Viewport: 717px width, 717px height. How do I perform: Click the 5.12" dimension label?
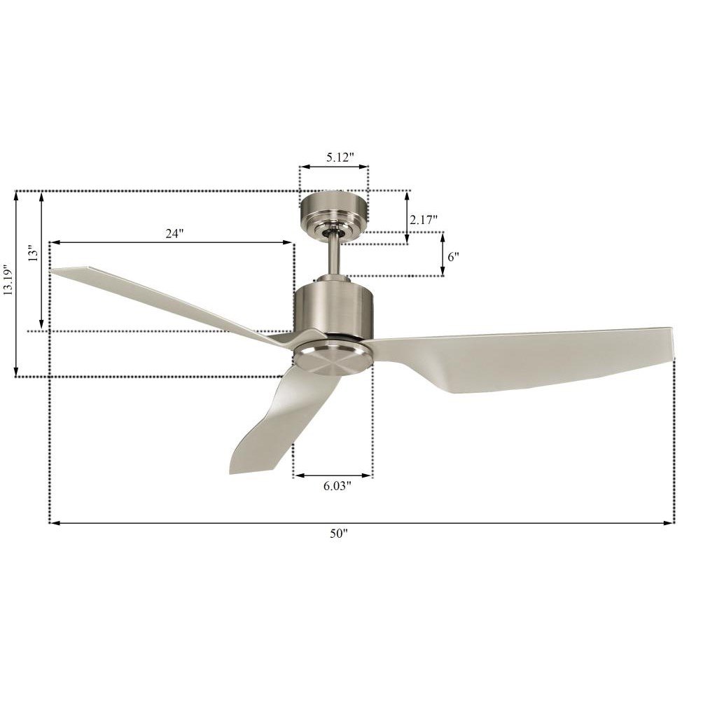[x=340, y=158]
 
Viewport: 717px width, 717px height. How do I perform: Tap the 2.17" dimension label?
[x=424, y=220]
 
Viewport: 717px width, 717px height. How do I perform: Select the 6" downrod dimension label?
[x=453, y=257]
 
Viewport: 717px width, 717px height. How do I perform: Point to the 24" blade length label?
[x=174, y=234]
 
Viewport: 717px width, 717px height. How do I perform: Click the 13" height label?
[x=33, y=253]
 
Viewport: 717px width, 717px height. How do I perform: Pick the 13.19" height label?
[x=8, y=279]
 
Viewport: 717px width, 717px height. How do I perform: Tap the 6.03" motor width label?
[x=337, y=486]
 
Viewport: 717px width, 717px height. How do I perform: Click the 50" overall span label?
[x=339, y=533]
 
